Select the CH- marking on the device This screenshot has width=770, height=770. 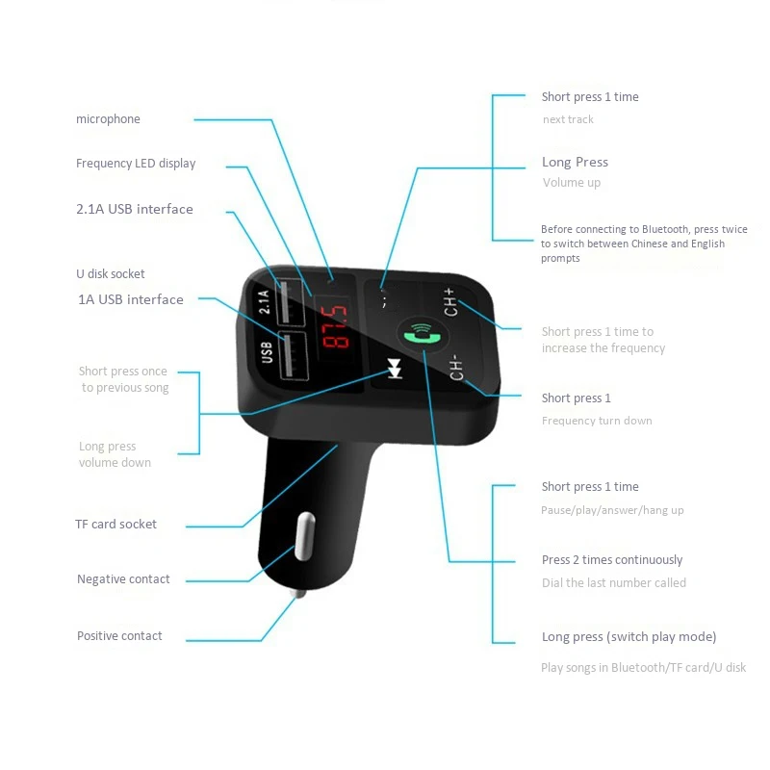pos(456,367)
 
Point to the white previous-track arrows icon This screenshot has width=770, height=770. pos(393,369)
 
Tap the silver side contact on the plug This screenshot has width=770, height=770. pos(304,535)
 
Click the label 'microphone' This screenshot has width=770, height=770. pos(108,119)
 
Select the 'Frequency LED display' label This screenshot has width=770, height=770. pos(136,164)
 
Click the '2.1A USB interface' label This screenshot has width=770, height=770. pos(135,209)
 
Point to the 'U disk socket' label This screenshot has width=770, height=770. pos(111,273)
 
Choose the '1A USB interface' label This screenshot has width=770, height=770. pos(130,299)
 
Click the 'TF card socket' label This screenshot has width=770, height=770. pos(115,524)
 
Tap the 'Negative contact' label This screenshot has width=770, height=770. pos(123,578)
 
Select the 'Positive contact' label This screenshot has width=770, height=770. pos(119,635)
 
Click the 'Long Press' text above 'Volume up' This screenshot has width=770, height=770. pos(575,162)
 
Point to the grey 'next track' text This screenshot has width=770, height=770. pos(568,119)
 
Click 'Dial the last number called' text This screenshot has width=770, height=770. pos(614,582)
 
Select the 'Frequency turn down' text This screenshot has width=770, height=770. pos(597,421)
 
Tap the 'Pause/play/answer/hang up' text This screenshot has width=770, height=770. pos(612,510)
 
